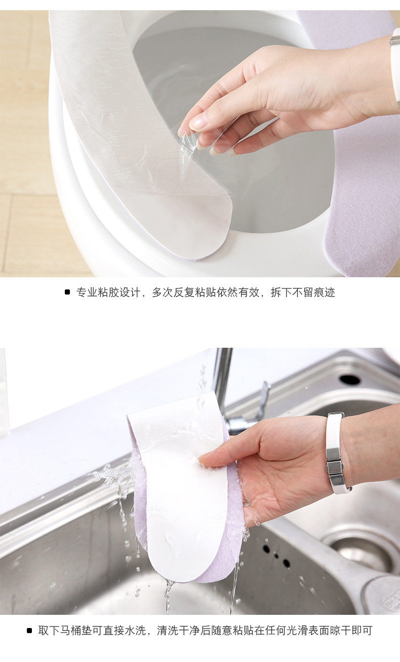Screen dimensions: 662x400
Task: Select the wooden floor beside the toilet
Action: click(x=25, y=152)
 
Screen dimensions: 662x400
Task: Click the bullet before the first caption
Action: click(x=67, y=292)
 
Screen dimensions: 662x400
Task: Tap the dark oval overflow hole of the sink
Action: click(x=350, y=379)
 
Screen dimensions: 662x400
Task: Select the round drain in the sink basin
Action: click(x=362, y=553)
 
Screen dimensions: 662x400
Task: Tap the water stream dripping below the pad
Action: click(x=168, y=596)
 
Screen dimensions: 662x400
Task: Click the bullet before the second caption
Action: click(x=29, y=631)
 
